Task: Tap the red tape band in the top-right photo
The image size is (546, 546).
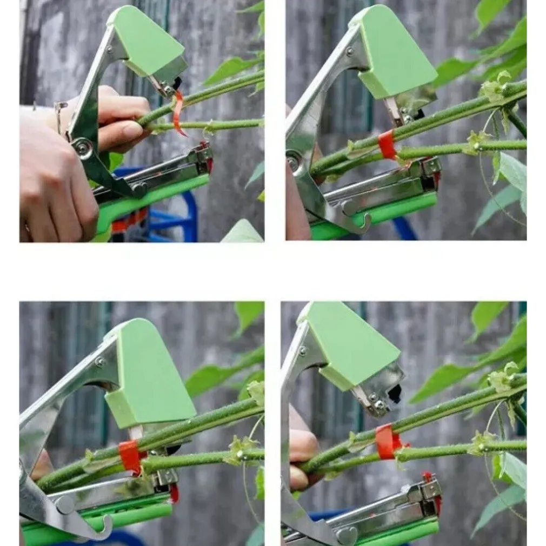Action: pyautogui.click(x=387, y=145)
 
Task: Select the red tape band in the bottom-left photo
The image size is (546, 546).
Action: pyautogui.click(x=130, y=456)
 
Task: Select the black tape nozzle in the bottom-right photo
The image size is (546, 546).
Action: pyautogui.click(x=395, y=394)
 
